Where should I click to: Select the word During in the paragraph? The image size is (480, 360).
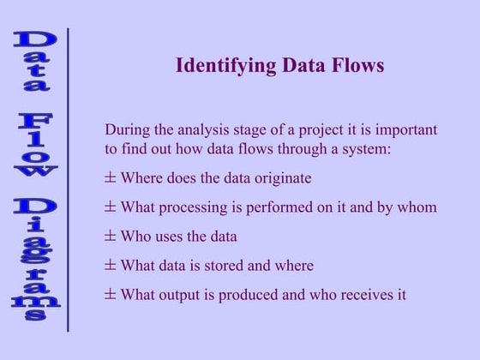(127, 130)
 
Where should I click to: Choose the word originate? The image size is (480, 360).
(279, 178)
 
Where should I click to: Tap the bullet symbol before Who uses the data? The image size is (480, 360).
(110, 236)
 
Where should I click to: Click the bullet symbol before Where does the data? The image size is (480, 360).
(110, 178)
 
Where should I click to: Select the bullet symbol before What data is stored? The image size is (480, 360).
(110, 265)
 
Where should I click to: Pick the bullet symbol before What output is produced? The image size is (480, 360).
(110, 294)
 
